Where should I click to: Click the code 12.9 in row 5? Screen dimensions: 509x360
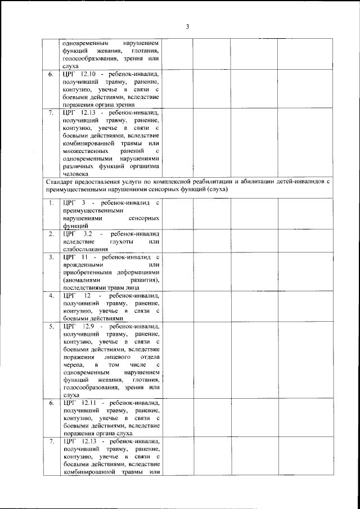[x=90, y=326]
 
